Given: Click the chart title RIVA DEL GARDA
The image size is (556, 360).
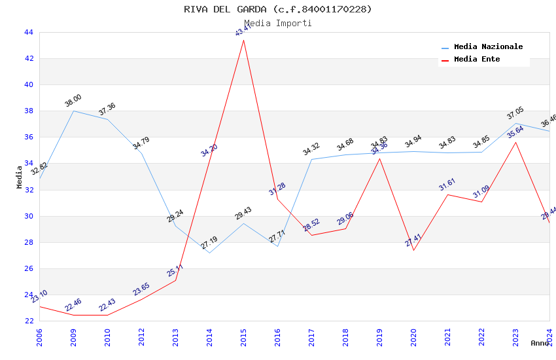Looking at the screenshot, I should [278, 9].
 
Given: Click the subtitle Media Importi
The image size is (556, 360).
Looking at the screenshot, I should [278, 23].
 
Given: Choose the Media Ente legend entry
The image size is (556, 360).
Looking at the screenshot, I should [477, 60].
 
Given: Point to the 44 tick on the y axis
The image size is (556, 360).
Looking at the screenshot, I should [29, 32].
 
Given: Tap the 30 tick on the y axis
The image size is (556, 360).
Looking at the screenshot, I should [29, 216].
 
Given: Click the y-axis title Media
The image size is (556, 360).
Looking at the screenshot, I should [20, 177].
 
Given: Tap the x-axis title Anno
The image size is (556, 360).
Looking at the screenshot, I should [540, 343].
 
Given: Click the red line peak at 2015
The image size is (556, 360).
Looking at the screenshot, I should [243, 40].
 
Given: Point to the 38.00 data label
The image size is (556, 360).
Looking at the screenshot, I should [73, 101].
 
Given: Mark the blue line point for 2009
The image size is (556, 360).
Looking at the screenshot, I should [73, 111].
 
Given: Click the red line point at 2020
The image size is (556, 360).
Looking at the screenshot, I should [413, 250].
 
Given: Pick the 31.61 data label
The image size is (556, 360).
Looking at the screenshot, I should [447, 185].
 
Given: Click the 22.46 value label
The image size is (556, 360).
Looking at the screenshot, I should [73, 305].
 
